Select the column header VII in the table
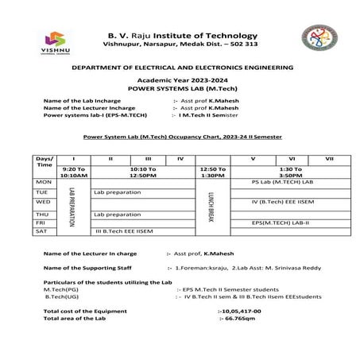329,159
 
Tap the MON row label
43,181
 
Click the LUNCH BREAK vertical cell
212,207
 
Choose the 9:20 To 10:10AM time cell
72,171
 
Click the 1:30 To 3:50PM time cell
291,171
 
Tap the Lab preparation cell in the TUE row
117,192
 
